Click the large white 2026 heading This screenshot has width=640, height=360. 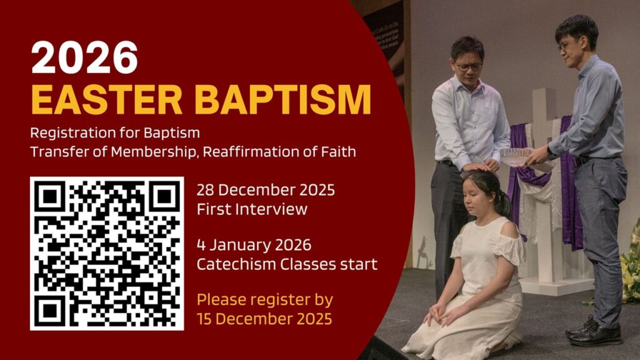84,57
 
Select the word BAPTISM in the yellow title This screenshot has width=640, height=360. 283,99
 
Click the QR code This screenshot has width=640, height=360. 107,254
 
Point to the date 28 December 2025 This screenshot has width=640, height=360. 266,190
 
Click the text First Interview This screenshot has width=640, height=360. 252,209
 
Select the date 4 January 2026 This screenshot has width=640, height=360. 254,245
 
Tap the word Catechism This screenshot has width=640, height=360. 236,264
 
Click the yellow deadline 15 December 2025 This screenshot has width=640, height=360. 264,319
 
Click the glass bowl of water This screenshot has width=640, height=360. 516,157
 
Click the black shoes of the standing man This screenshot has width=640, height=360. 594,331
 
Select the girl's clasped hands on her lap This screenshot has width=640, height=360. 437,314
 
